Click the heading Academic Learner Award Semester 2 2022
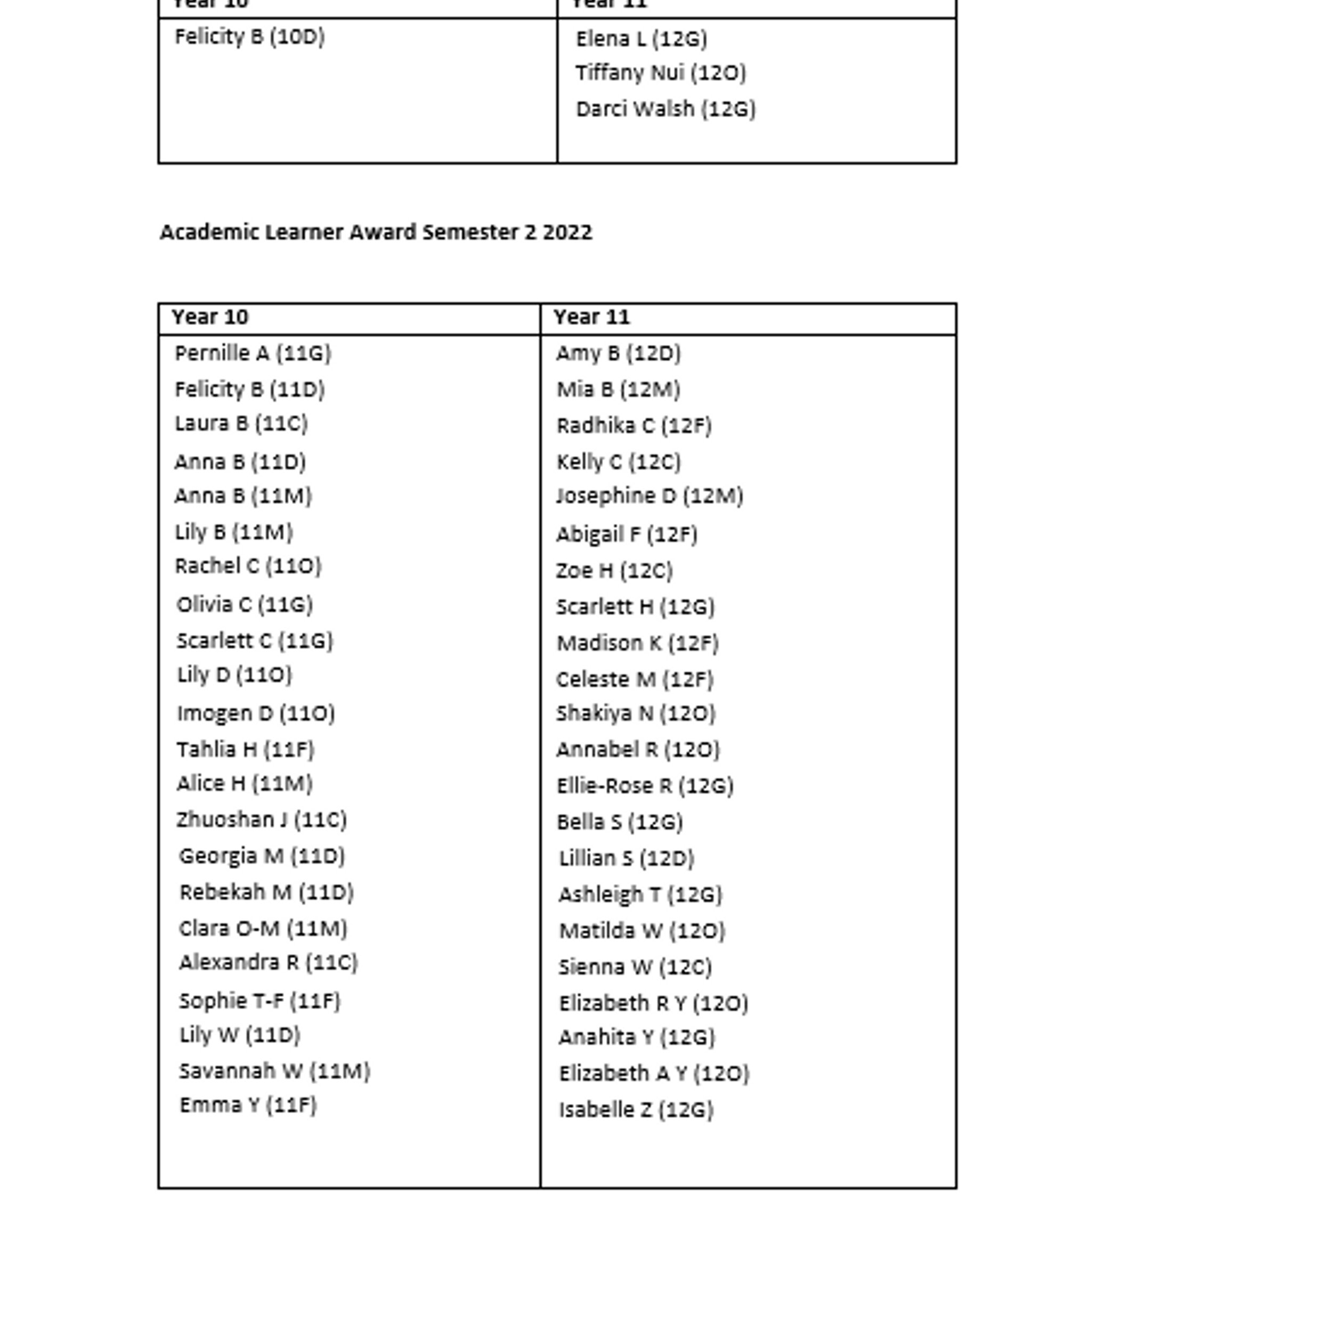tap(376, 232)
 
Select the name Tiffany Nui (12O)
tap(661, 72)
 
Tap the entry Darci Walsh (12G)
tap(665, 109)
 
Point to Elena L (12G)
tap(641, 38)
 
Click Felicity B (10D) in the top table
tap(249, 37)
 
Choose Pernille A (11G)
tap(253, 354)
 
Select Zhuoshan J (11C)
tap(261, 820)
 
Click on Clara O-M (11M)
tap(263, 929)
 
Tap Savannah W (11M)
tap(274, 1071)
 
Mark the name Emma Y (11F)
tap(248, 1105)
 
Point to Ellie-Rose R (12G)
tap(645, 786)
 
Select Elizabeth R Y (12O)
tap(653, 1003)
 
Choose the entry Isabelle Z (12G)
tap(636, 1110)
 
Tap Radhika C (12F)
tap(633, 426)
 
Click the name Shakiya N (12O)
tap(636, 713)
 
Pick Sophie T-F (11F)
tap(259, 1001)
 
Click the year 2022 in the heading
tap(567, 232)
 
